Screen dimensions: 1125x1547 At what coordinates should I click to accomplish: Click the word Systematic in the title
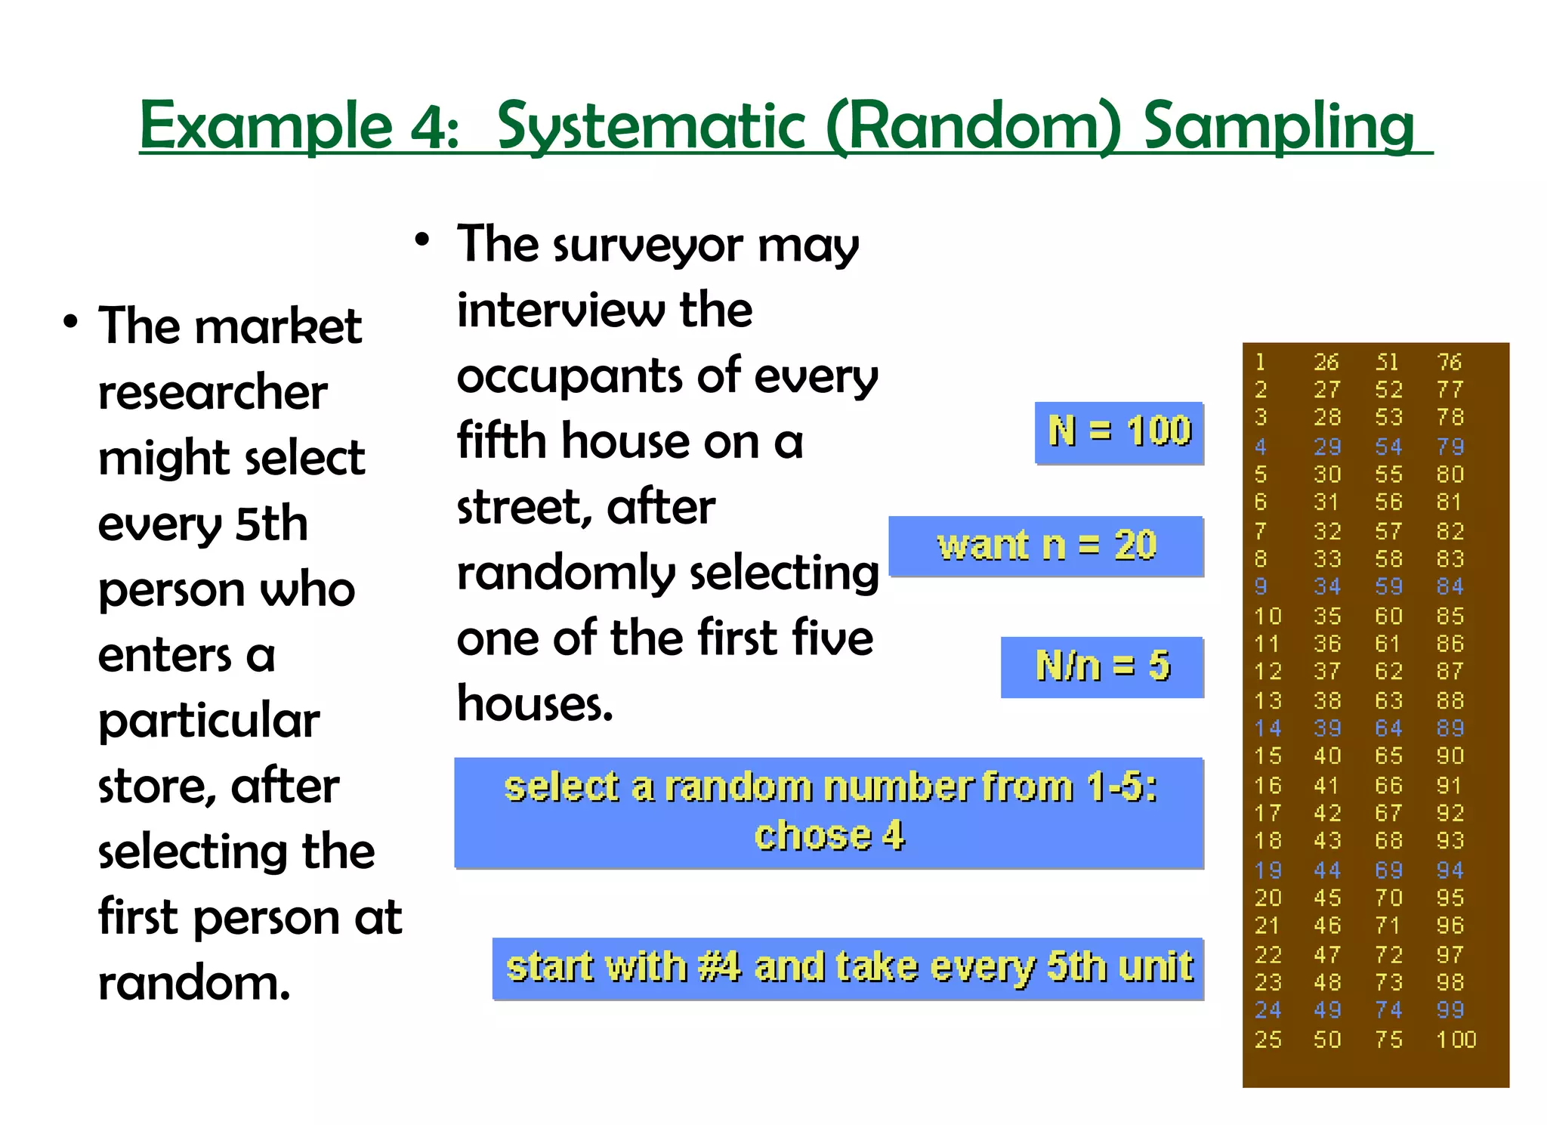coord(654,127)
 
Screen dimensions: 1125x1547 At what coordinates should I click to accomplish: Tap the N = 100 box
coord(1119,432)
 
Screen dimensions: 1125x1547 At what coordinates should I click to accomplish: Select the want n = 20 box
coord(1046,546)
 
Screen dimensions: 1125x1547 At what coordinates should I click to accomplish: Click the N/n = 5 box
coord(1102,667)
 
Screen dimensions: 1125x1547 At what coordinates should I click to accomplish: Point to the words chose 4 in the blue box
coord(829,836)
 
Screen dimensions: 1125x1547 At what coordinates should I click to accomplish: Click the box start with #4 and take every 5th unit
coord(848,969)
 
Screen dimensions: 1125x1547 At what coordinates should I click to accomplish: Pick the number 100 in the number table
coord(1456,1040)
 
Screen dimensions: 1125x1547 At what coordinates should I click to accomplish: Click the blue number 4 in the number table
coord(1261,447)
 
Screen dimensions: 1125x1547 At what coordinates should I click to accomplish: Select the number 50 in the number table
coord(1327,1040)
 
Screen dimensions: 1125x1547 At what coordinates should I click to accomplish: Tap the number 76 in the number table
coord(1449,363)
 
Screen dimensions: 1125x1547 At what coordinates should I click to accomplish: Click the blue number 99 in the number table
coord(1450,1010)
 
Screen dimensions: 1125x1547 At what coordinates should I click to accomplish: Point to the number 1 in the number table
coord(1261,363)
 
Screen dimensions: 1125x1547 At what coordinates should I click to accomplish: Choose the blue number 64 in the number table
coord(1388,728)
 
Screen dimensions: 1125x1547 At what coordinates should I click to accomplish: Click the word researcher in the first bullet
coord(212,393)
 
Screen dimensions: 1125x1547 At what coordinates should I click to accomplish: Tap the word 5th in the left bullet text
coord(271,524)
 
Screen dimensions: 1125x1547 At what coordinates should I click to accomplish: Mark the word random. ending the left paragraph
coord(194,984)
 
